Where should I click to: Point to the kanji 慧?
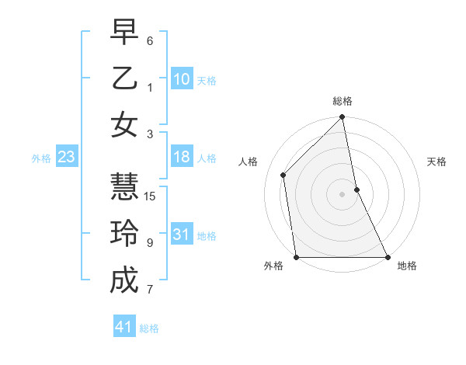[x=124, y=186]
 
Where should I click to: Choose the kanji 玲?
[x=124, y=233]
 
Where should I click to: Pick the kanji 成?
[x=124, y=280]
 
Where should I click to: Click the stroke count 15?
[x=151, y=196]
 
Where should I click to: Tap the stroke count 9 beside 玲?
[x=150, y=243]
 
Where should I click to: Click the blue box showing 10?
[x=182, y=79]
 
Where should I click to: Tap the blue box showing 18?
[x=182, y=158]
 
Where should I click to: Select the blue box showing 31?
[x=182, y=235]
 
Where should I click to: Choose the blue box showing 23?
[x=67, y=158]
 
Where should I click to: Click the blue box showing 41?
[x=124, y=327]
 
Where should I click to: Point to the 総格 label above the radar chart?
[x=343, y=101]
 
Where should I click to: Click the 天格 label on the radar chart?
[x=437, y=162]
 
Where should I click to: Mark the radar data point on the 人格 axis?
[x=283, y=175]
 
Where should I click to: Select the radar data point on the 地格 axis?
[x=387, y=257]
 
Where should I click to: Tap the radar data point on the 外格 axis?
[x=297, y=257]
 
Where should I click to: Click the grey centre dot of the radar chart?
[x=342, y=194]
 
